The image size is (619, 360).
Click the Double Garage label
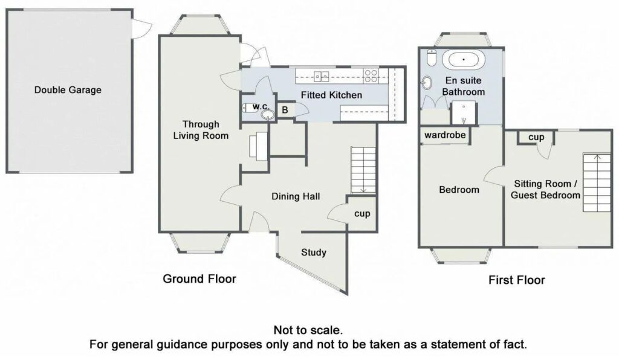pos(68,90)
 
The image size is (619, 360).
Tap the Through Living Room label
pos(201,130)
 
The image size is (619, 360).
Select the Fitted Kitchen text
pos(331,95)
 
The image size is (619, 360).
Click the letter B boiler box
pos(285,110)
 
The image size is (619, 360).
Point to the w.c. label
pos(261,106)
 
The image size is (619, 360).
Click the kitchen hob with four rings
pos(371,76)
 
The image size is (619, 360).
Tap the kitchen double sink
pos(322,76)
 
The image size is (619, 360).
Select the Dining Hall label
pos(296,196)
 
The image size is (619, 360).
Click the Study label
pos(314,252)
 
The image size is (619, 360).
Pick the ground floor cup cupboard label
pos(362,214)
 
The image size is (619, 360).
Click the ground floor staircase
pos(363,170)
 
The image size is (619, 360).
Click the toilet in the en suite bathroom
pos(432,58)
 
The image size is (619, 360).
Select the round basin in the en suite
pos(427,83)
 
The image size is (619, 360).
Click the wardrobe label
pos(445,135)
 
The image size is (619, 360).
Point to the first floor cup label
pos(536,137)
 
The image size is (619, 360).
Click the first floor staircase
pos(597,182)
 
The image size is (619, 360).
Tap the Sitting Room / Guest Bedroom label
pos(546,189)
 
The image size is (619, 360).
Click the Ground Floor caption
pos(199,279)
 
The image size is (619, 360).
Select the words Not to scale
pos(308,330)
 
